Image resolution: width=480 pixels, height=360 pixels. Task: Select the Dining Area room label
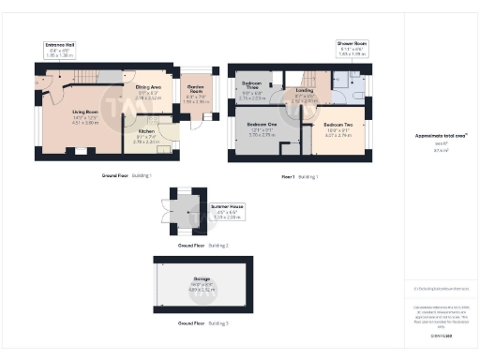pos(149,93)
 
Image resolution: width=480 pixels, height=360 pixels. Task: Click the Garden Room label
pos(196,94)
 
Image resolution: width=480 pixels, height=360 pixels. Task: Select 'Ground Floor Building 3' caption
pos(202,322)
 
